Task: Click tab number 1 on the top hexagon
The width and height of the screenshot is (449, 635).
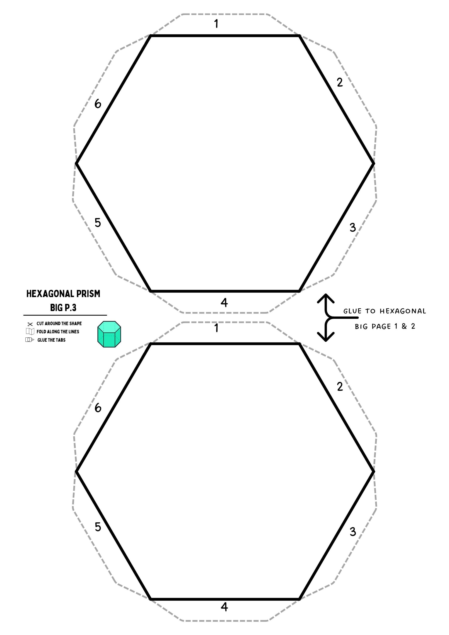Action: [x=216, y=24]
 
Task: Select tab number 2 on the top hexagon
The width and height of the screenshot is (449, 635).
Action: [x=340, y=82]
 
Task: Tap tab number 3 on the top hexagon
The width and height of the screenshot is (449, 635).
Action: [x=352, y=227]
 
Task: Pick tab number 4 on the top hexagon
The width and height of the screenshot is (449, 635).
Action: [x=224, y=302]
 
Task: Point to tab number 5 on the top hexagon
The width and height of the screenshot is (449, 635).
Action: [x=98, y=223]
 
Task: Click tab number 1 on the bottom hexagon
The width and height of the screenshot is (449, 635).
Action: [x=216, y=328]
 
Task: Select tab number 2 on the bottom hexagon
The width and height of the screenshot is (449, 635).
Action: [x=340, y=386]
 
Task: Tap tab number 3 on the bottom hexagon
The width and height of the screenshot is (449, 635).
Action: [x=353, y=531]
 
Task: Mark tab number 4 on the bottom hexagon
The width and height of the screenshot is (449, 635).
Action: [x=224, y=607]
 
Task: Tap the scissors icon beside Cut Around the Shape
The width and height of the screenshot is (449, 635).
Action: [x=30, y=324]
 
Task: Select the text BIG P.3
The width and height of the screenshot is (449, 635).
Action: [x=63, y=308]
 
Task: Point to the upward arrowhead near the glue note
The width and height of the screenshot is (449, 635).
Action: [x=326, y=298]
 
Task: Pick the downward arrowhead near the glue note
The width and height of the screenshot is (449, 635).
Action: [x=326, y=337]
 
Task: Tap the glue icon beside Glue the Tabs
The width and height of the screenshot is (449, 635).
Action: [x=30, y=340]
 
